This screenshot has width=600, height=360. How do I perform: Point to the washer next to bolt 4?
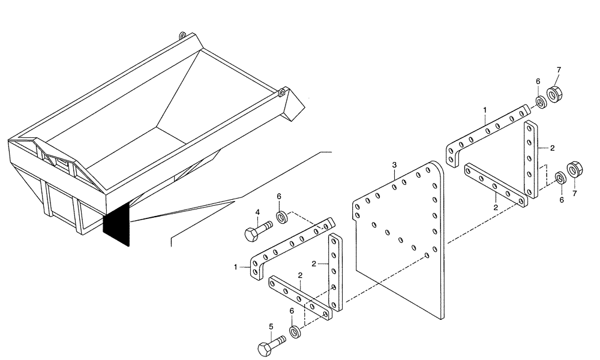pos(282,215)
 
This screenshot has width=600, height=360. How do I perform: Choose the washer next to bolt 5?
pos(295,332)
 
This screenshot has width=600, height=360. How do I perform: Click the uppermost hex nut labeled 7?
pos(554,94)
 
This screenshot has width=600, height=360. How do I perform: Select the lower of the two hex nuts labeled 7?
pos(574,170)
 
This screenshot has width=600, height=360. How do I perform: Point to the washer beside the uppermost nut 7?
pos(539,103)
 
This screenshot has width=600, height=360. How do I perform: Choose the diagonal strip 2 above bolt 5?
pos(300,297)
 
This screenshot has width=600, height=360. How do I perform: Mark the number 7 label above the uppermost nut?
pos(559,71)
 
